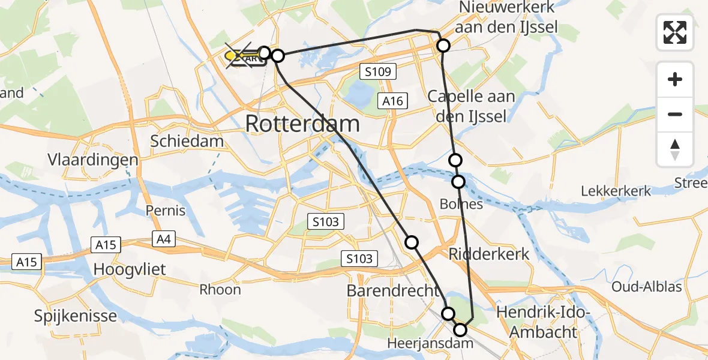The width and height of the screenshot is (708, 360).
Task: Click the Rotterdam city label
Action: pyautogui.click(x=303, y=124)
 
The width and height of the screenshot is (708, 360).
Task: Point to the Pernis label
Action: pyautogui.click(x=166, y=211)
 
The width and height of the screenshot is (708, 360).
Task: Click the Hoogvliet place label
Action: pyautogui.click(x=130, y=269)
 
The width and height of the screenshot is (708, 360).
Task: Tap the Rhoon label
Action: pyautogui.click(x=220, y=290)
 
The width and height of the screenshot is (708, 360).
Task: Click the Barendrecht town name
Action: pyautogui.click(x=393, y=290)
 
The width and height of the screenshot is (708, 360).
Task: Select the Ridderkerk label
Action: pyautogui.click(x=489, y=254)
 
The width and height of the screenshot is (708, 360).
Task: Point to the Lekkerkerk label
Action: pyautogui.click(x=616, y=191)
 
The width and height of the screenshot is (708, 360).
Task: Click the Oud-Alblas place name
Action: pyautogui.click(x=646, y=287)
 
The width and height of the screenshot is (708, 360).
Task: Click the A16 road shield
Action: pyautogui.click(x=393, y=101)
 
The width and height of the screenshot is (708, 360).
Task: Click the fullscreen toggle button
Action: pyautogui.click(x=675, y=32)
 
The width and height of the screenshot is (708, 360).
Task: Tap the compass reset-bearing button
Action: pyautogui.click(x=675, y=149)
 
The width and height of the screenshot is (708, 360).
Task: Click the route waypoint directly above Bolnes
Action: pyautogui.click(x=458, y=181)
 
